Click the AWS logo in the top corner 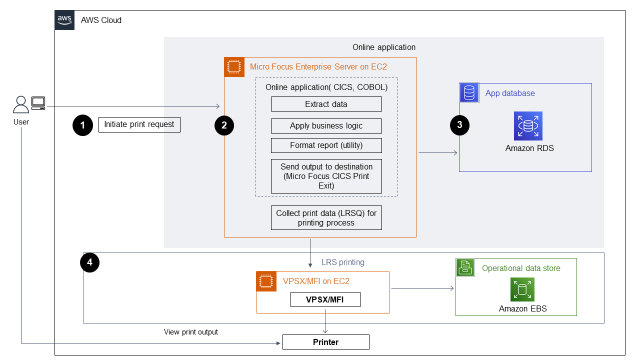tap(64, 20)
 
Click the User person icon tap(21, 105)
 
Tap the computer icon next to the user tap(38, 103)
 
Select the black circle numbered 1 tap(82, 125)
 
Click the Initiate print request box tap(139, 124)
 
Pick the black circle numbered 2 tap(224, 125)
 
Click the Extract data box tap(326, 104)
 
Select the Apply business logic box tap(326, 125)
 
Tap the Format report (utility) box tap(326, 145)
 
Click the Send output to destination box tap(326, 176)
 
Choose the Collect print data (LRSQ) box tap(326, 217)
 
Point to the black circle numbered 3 tap(459, 125)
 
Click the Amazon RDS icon tap(528, 126)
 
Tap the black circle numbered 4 tap(90, 262)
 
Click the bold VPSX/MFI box tap(325, 299)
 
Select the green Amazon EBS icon tap(522, 289)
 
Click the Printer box tap(325, 342)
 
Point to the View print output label tap(191, 332)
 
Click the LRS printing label tap(343, 262)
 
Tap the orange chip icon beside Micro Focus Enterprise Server tap(233, 67)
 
